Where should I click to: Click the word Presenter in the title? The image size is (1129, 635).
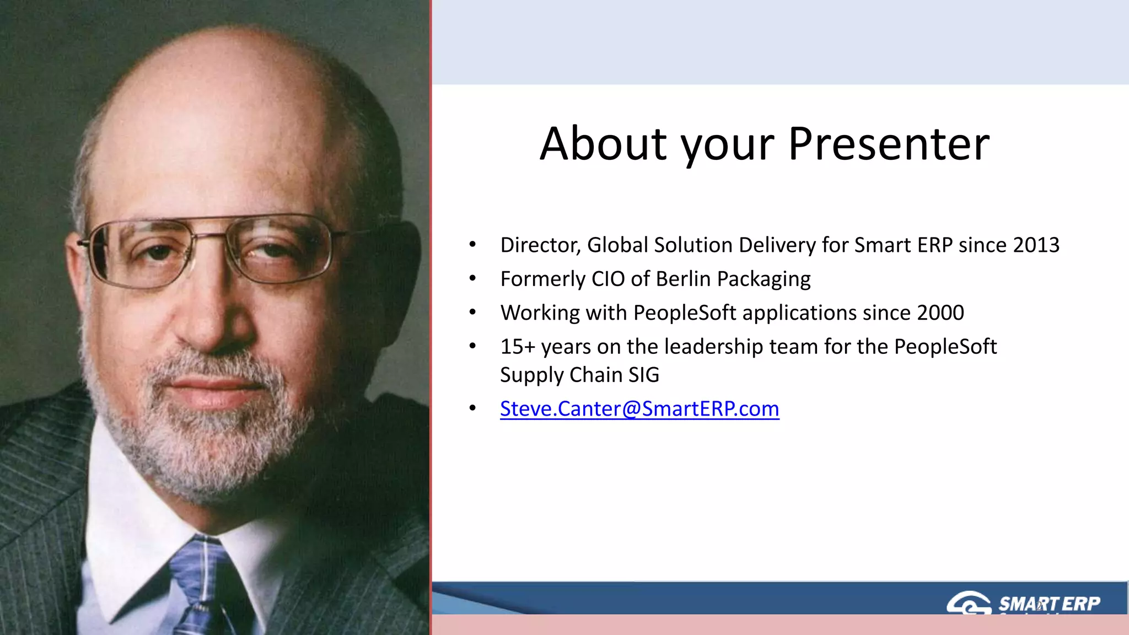point(889,144)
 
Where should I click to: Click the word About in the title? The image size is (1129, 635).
point(603,144)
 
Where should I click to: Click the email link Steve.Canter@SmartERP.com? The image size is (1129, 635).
point(639,409)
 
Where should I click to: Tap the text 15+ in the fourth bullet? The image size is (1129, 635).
point(518,347)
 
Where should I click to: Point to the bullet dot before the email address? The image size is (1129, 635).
point(472,408)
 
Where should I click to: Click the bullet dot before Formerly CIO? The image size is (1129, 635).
point(472,279)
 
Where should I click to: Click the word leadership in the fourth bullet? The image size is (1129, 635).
point(713,347)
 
